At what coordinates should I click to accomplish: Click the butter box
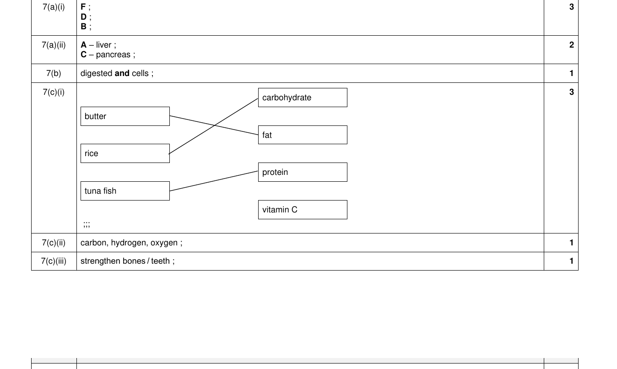point(125,116)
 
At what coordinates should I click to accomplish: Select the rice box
point(125,153)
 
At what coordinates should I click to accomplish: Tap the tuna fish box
point(125,191)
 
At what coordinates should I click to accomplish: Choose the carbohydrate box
point(303,98)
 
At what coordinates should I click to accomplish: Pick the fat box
point(303,135)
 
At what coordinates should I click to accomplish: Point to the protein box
point(303,172)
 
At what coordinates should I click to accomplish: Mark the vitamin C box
point(303,210)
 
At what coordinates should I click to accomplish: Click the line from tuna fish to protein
point(214,181)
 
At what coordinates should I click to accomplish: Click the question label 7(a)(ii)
point(54,45)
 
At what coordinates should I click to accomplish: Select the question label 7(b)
point(54,73)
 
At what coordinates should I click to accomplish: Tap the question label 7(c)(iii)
point(54,261)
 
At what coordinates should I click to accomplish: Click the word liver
point(103,45)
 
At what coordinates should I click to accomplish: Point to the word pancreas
point(113,55)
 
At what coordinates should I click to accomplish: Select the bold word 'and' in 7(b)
point(122,73)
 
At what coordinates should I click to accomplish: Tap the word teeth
point(160,261)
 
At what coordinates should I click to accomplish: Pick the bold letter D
point(83,17)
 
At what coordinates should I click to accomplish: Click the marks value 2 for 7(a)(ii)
point(572,45)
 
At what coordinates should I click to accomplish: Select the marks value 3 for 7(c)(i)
point(572,92)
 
